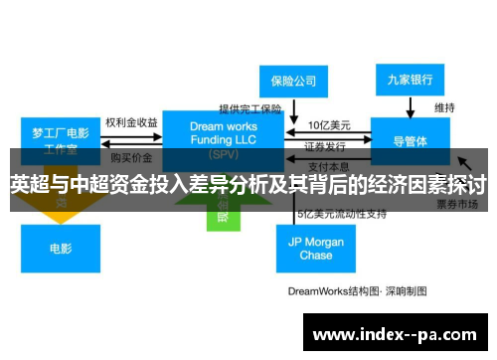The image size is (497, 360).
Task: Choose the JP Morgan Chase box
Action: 315,248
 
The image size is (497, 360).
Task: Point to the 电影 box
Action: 60,248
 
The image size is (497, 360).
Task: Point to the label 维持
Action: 444,106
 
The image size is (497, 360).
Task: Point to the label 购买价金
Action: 130,157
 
